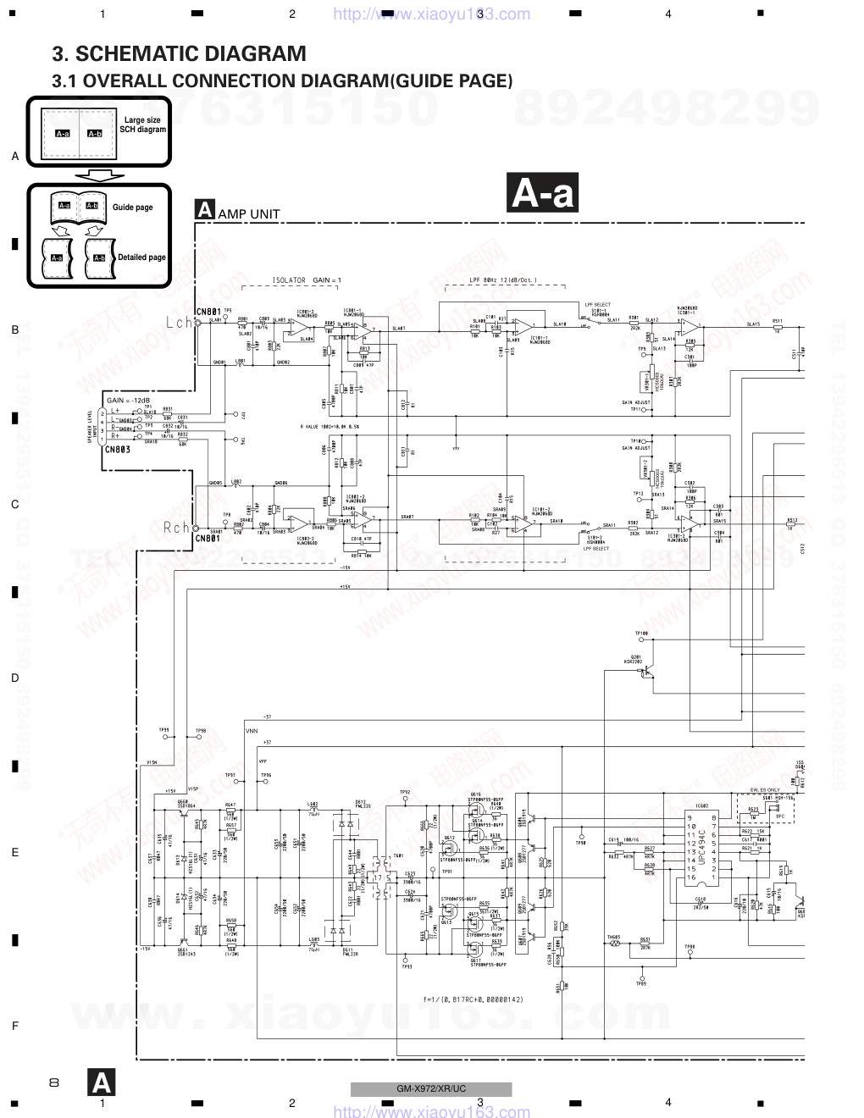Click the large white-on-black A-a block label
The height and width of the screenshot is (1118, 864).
click(543, 193)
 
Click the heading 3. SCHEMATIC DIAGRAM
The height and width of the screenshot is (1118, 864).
click(179, 54)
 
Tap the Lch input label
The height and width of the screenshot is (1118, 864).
click(179, 323)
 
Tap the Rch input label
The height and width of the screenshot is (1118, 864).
click(177, 528)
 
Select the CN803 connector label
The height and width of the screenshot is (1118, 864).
click(118, 450)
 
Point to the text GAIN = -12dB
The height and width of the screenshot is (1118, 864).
click(128, 400)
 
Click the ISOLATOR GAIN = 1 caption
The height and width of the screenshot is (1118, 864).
click(307, 280)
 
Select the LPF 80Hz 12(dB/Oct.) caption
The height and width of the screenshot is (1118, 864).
click(502, 280)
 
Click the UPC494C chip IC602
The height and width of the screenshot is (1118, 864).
click(703, 847)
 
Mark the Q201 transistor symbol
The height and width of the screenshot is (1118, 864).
click(646, 671)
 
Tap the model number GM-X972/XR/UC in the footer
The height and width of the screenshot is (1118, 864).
click(431, 1089)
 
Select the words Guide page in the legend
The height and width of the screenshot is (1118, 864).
click(133, 208)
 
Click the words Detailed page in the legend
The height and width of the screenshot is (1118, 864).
click(141, 257)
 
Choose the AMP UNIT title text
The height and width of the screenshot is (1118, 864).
click(248, 214)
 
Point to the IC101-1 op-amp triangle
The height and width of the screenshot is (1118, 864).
click(523, 326)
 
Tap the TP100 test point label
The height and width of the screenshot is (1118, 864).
click(641, 634)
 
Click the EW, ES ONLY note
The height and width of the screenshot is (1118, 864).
click(765, 790)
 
